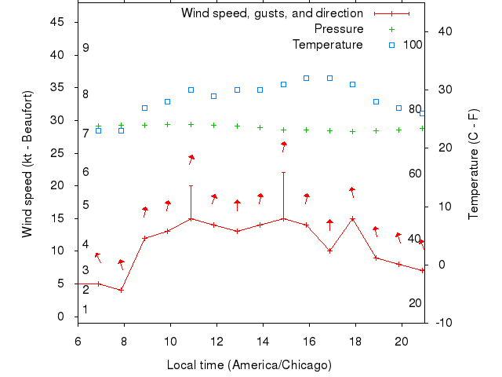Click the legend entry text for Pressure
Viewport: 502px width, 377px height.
pyautogui.click(x=338, y=29)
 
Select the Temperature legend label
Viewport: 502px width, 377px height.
pyautogui.click(x=327, y=45)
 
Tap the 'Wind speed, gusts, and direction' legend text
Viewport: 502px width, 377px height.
pyautogui.click(x=271, y=13)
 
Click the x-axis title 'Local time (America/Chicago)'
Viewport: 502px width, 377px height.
pyautogui.click(x=249, y=365)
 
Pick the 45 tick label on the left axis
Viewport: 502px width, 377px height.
pyautogui.click(x=57, y=22)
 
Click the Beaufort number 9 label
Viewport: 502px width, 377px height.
pyautogui.click(x=85, y=48)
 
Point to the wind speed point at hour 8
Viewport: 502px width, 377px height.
pyautogui.click(x=122, y=290)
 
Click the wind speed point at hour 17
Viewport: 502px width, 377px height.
pyautogui.click(x=330, y=251)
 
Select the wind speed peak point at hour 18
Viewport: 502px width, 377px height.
pyautogui.click(x=353, y=218)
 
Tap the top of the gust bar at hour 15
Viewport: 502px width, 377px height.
pyautogui.click(x=284, y=172)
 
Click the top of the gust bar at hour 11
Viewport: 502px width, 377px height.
pyautogui.click(x=191, y=186)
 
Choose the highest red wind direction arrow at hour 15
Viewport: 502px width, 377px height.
pyautogui.click(x=284, y=145)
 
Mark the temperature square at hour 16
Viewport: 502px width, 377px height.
pyautogui.click(x=307, y=78)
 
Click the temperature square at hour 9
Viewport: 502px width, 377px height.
pyautogui.click(x=145, y=108)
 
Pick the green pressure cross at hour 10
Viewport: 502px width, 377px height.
pyautogui.click(x=168, y=124)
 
